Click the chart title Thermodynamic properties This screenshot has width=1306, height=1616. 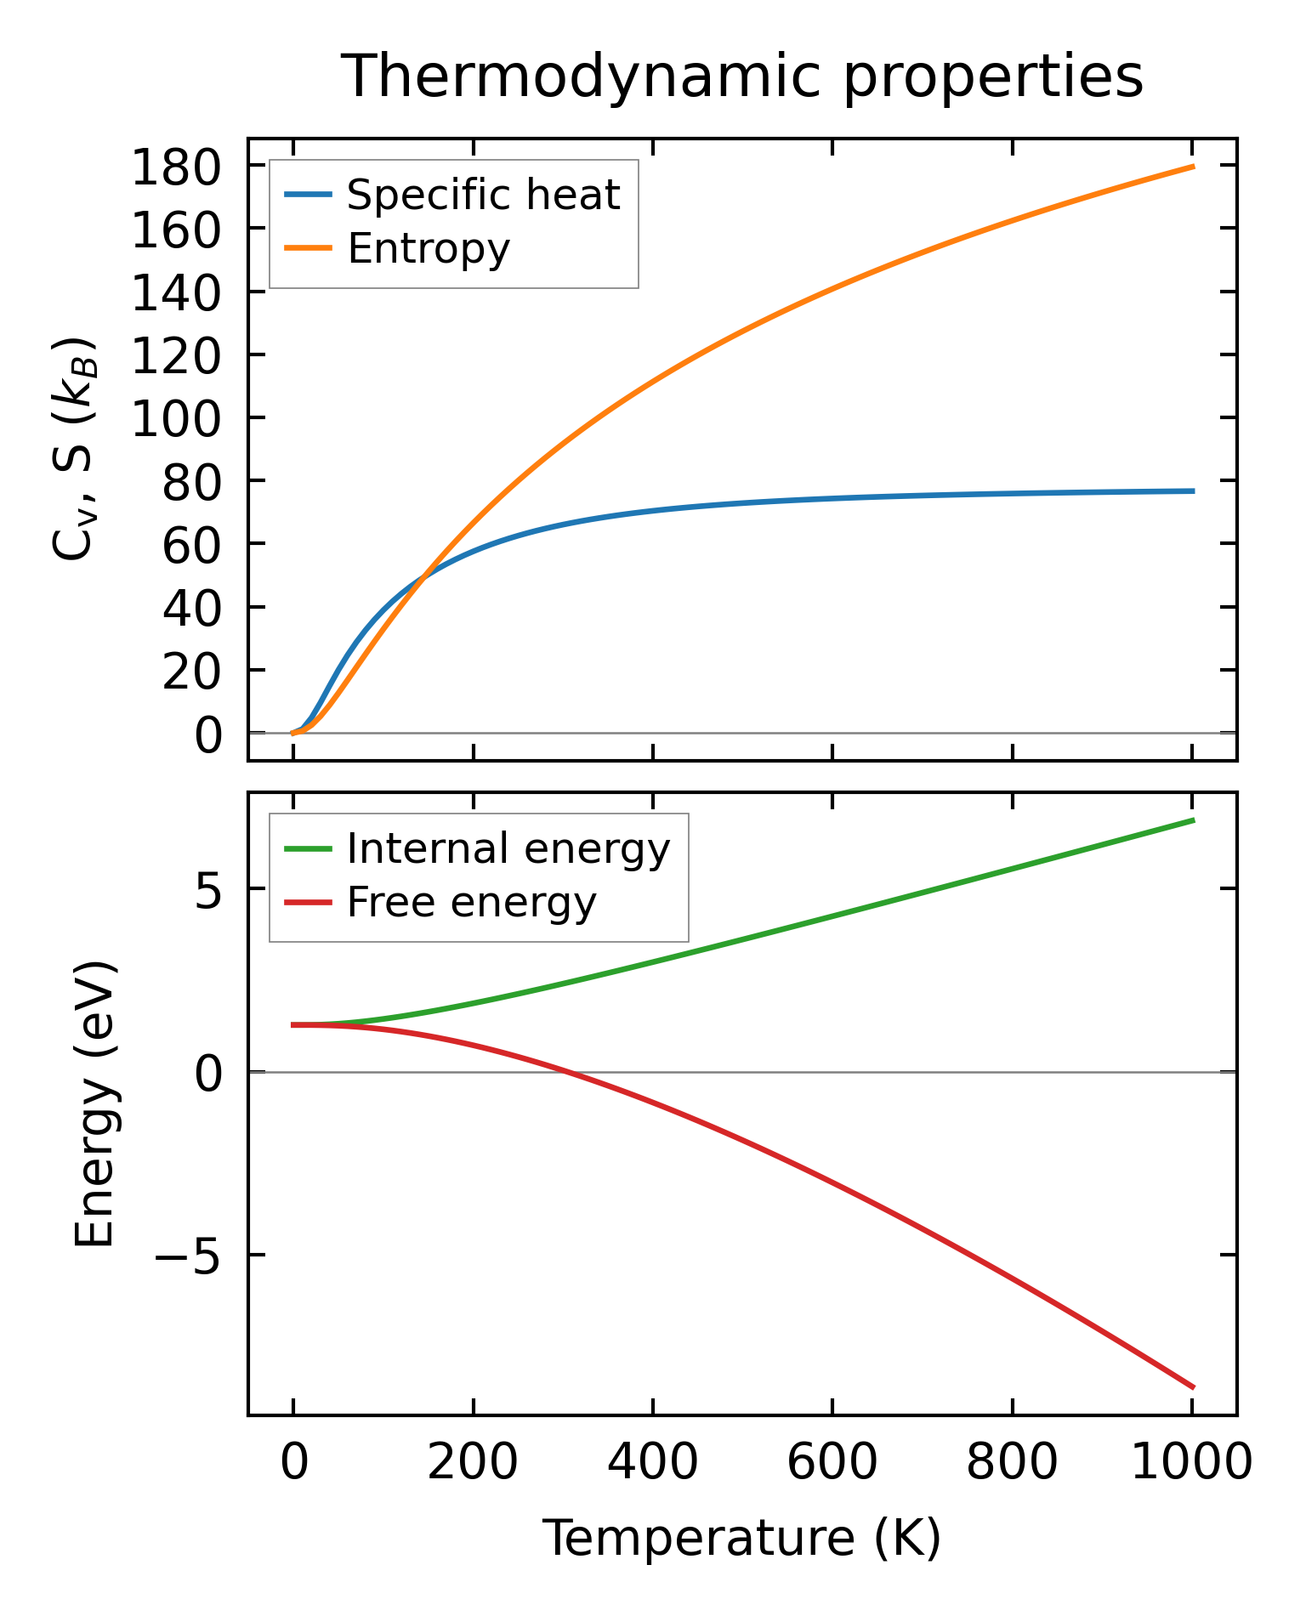pos(741,77)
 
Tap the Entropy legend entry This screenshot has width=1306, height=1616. pos(428,248)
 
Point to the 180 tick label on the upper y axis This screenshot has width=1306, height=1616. pos(176,167)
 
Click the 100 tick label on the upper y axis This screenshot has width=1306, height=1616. pos(176,418)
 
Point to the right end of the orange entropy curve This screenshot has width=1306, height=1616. pos(1193,167)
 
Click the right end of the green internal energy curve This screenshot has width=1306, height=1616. pos(1193,819)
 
